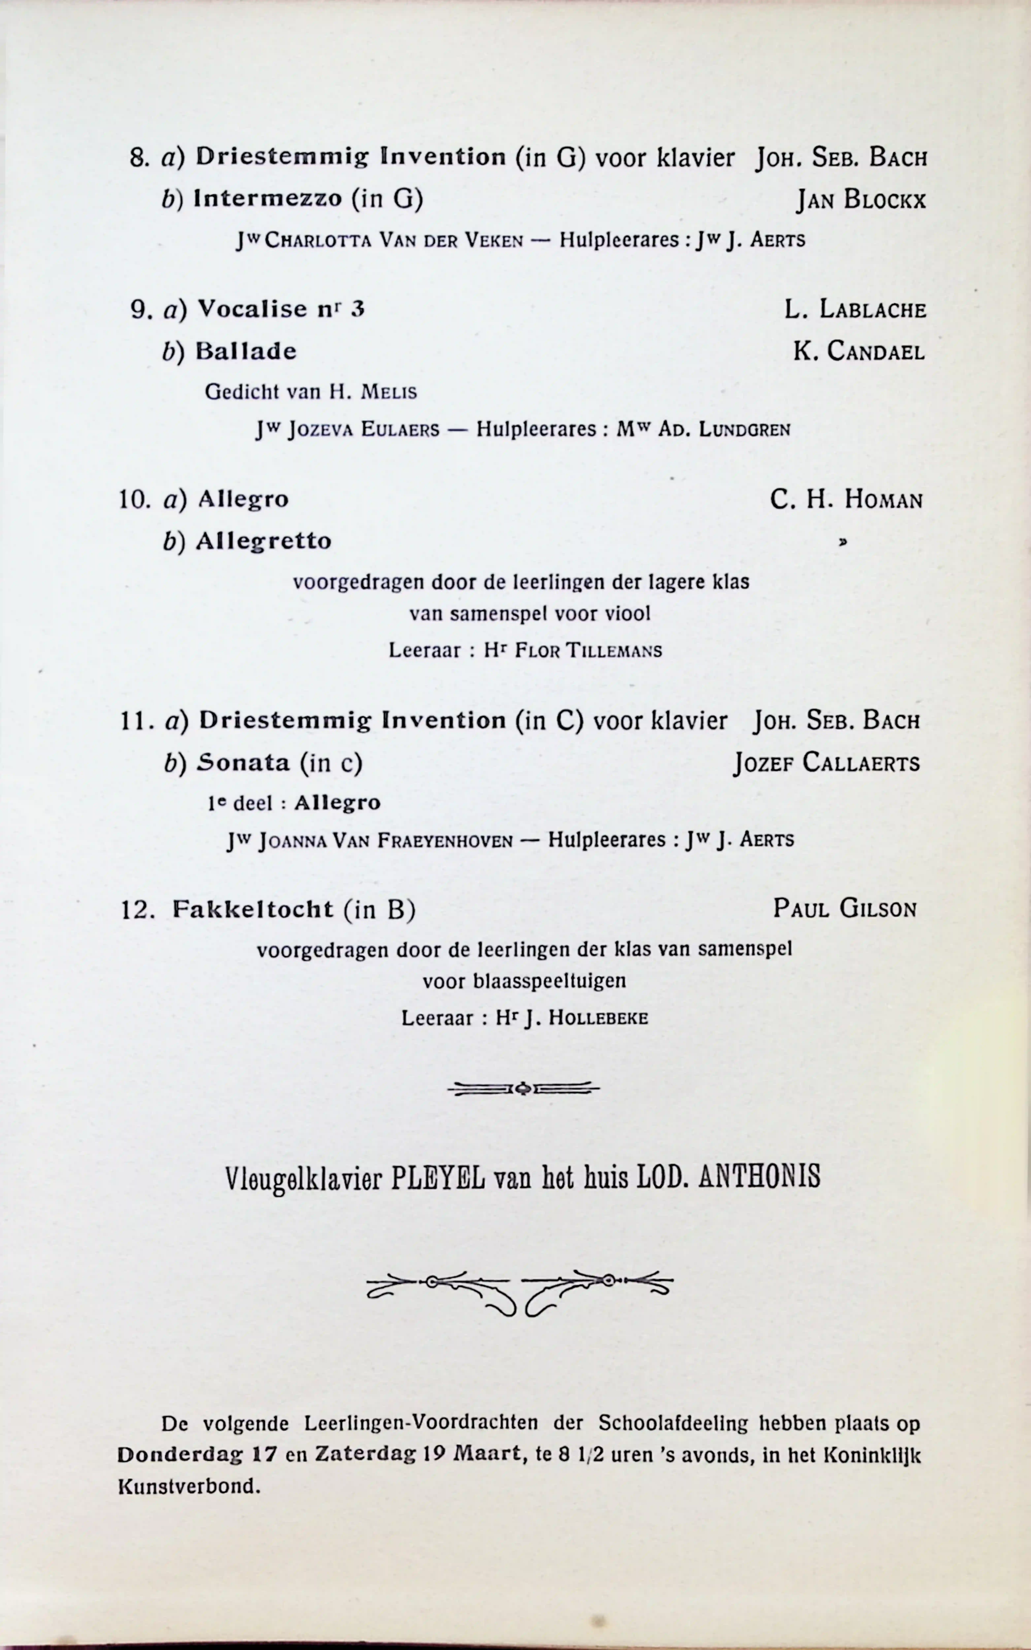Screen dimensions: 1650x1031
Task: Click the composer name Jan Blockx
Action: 861,200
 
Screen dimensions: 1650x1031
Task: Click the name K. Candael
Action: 858,352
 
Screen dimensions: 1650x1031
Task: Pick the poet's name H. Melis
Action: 373,392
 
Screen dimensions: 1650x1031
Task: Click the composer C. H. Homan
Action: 846,500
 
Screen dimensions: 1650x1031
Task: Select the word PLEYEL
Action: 438,1177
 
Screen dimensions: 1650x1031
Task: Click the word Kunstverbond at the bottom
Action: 189,1486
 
